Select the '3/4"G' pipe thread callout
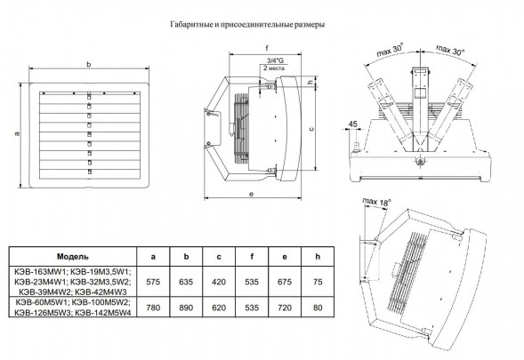click(x=263, y=60)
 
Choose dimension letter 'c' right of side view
click(x=309, y=128)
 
